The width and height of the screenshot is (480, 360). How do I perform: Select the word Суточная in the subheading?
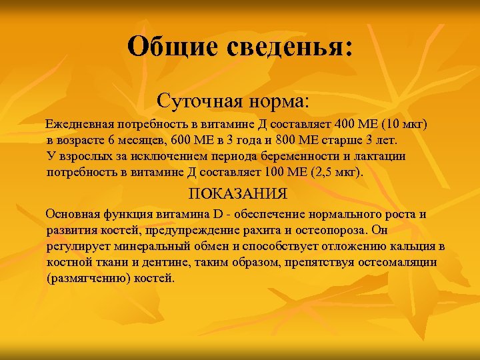click(199, 101)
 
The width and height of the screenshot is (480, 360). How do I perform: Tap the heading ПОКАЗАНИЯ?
click(238, 194)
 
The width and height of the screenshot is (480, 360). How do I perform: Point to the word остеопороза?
click(329, 231)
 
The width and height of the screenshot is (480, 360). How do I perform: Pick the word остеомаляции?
click(399, 262)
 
